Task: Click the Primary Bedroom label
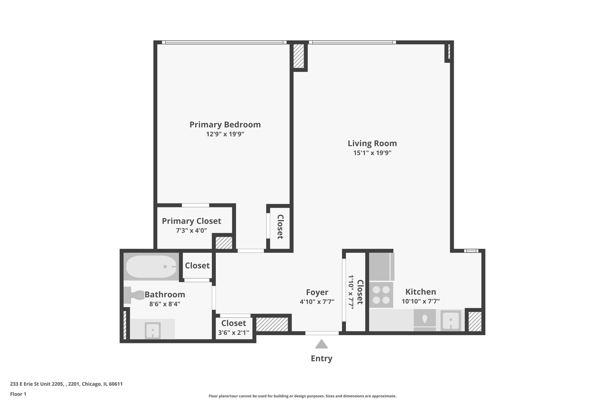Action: (225, 125)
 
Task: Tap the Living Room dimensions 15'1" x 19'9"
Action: (372, 153)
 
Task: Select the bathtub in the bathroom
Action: (151, 267)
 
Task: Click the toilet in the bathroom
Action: (134, 295)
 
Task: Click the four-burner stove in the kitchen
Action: (381, 295)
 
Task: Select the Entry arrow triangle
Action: (321, 344)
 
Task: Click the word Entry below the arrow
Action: (321, 358)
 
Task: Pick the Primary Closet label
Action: (191, 221)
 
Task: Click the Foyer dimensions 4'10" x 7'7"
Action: (317, 302)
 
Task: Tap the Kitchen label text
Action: (421, 292)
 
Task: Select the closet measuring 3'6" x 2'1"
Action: (233, 327)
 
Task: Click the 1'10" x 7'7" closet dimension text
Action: (351, 292)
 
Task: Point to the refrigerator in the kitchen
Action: (382, 267)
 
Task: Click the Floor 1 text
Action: (18, 394)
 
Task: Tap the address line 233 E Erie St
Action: (66, 384)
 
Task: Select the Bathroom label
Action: (165, 294)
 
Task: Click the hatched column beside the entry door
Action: (272, 324)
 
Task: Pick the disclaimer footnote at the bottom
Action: (302, 396)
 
